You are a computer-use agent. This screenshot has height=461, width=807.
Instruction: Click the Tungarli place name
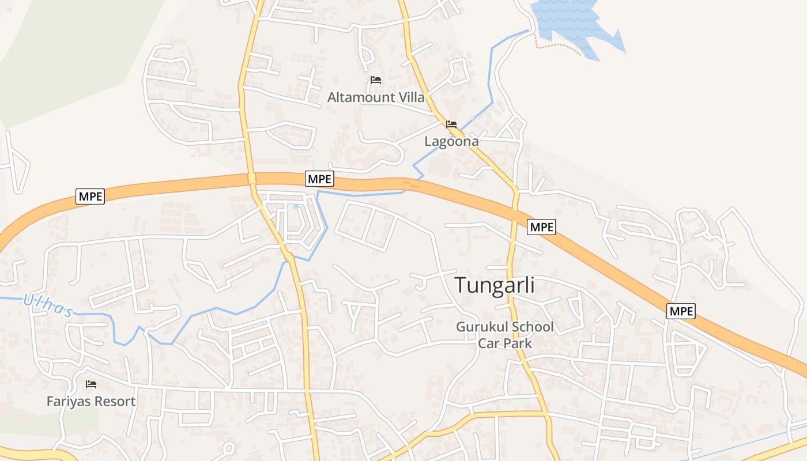[495, 285]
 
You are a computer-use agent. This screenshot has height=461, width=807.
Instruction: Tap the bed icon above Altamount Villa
[376, 80]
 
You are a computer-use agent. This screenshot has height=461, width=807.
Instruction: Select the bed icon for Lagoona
[451, 124]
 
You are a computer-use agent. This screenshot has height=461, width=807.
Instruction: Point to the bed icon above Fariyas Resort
[91, 384]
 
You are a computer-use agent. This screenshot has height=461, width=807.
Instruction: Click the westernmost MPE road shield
[90, 197]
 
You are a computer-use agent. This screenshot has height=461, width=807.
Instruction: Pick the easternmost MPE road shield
[681, 312]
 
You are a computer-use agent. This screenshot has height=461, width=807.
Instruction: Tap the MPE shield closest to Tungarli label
[541, 227]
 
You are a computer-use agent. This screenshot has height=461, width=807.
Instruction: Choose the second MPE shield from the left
[319, 179]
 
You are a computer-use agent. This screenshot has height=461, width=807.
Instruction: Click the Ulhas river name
[48, 305]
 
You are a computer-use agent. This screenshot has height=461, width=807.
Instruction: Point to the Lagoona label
[451, 141]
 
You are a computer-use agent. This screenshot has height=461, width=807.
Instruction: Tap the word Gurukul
[481, 327]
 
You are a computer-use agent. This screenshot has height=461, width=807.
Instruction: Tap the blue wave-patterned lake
[571, 23]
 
